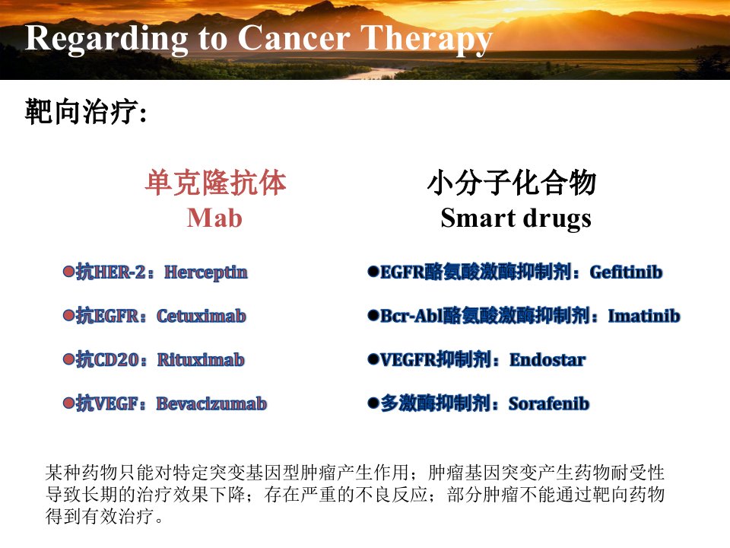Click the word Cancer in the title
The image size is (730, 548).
point(294,37)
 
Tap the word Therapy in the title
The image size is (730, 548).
point(427,39)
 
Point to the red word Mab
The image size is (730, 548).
point(214,218)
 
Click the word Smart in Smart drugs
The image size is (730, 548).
point(478,218)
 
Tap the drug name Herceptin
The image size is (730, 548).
point(206,272)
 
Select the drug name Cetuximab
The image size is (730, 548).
point(201,316)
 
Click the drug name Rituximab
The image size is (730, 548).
point(201,360)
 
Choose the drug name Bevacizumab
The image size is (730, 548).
point(211,403)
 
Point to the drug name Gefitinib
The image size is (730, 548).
point(626,272)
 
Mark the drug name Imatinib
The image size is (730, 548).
point(644,316)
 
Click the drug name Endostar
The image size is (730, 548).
point(548,360)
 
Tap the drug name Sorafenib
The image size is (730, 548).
point(549,403)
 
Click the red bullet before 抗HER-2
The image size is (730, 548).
point(68,271)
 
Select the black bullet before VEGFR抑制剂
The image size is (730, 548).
point(373,358)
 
